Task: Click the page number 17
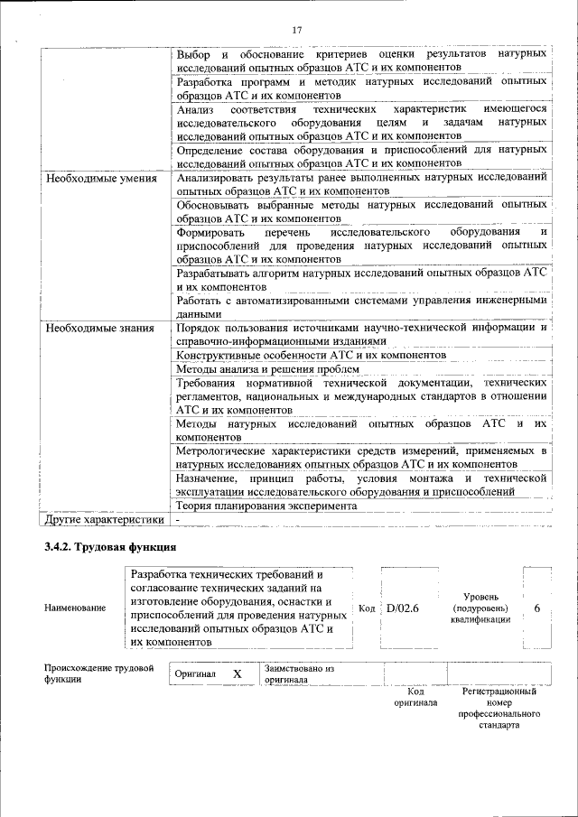296,31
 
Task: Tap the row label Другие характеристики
105,520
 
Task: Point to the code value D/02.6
403,608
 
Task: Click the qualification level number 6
536,608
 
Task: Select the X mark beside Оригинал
238,674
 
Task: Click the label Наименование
75,608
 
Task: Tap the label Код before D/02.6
367,608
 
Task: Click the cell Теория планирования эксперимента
266,506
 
